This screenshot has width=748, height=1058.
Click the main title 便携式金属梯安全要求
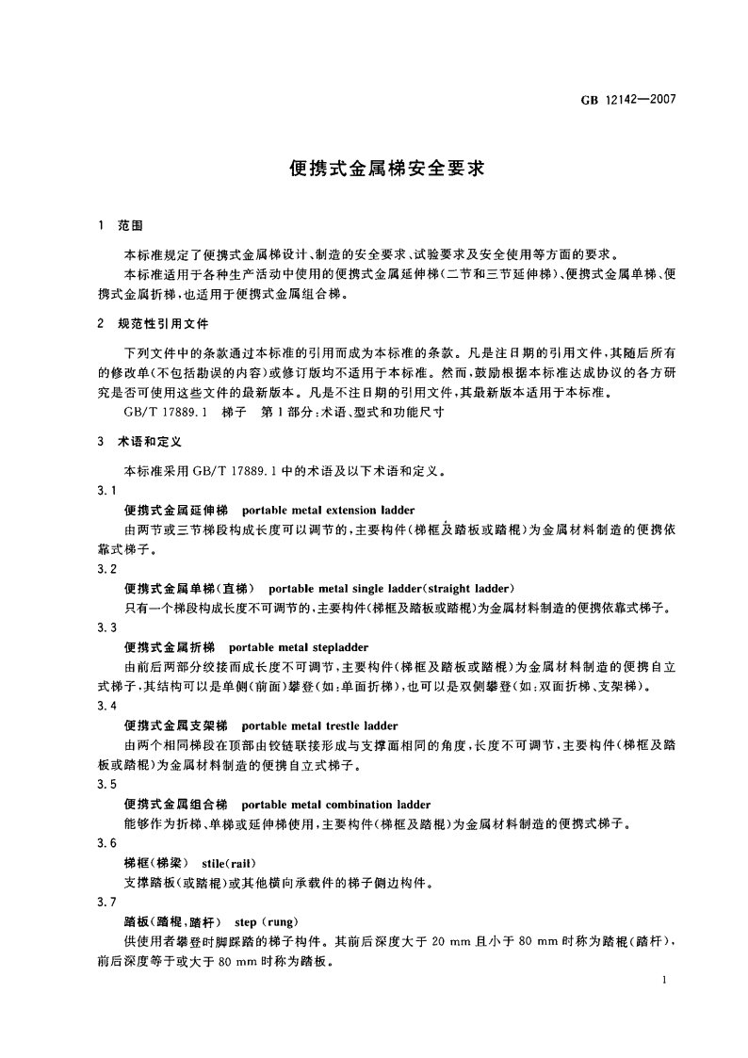(374, 171)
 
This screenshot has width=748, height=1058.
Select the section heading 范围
(131, 228)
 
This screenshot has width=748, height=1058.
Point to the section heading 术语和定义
(143, 440)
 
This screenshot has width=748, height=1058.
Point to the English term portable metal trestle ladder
(319, 725)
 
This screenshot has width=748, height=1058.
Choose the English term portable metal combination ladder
(335, 805)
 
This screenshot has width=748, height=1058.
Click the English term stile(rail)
(230, 863)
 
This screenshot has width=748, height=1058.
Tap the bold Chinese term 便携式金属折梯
(170, 647)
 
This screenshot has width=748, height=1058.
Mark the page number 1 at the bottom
(665, 982)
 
